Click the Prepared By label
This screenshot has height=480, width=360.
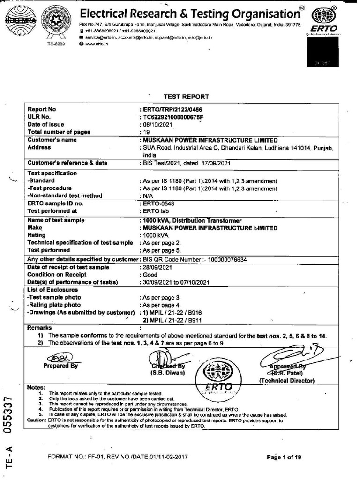[x=60, y=366]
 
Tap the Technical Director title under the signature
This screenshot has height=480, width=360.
[x=287, y=381]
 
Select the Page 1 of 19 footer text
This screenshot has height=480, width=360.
[x=284, y=458]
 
